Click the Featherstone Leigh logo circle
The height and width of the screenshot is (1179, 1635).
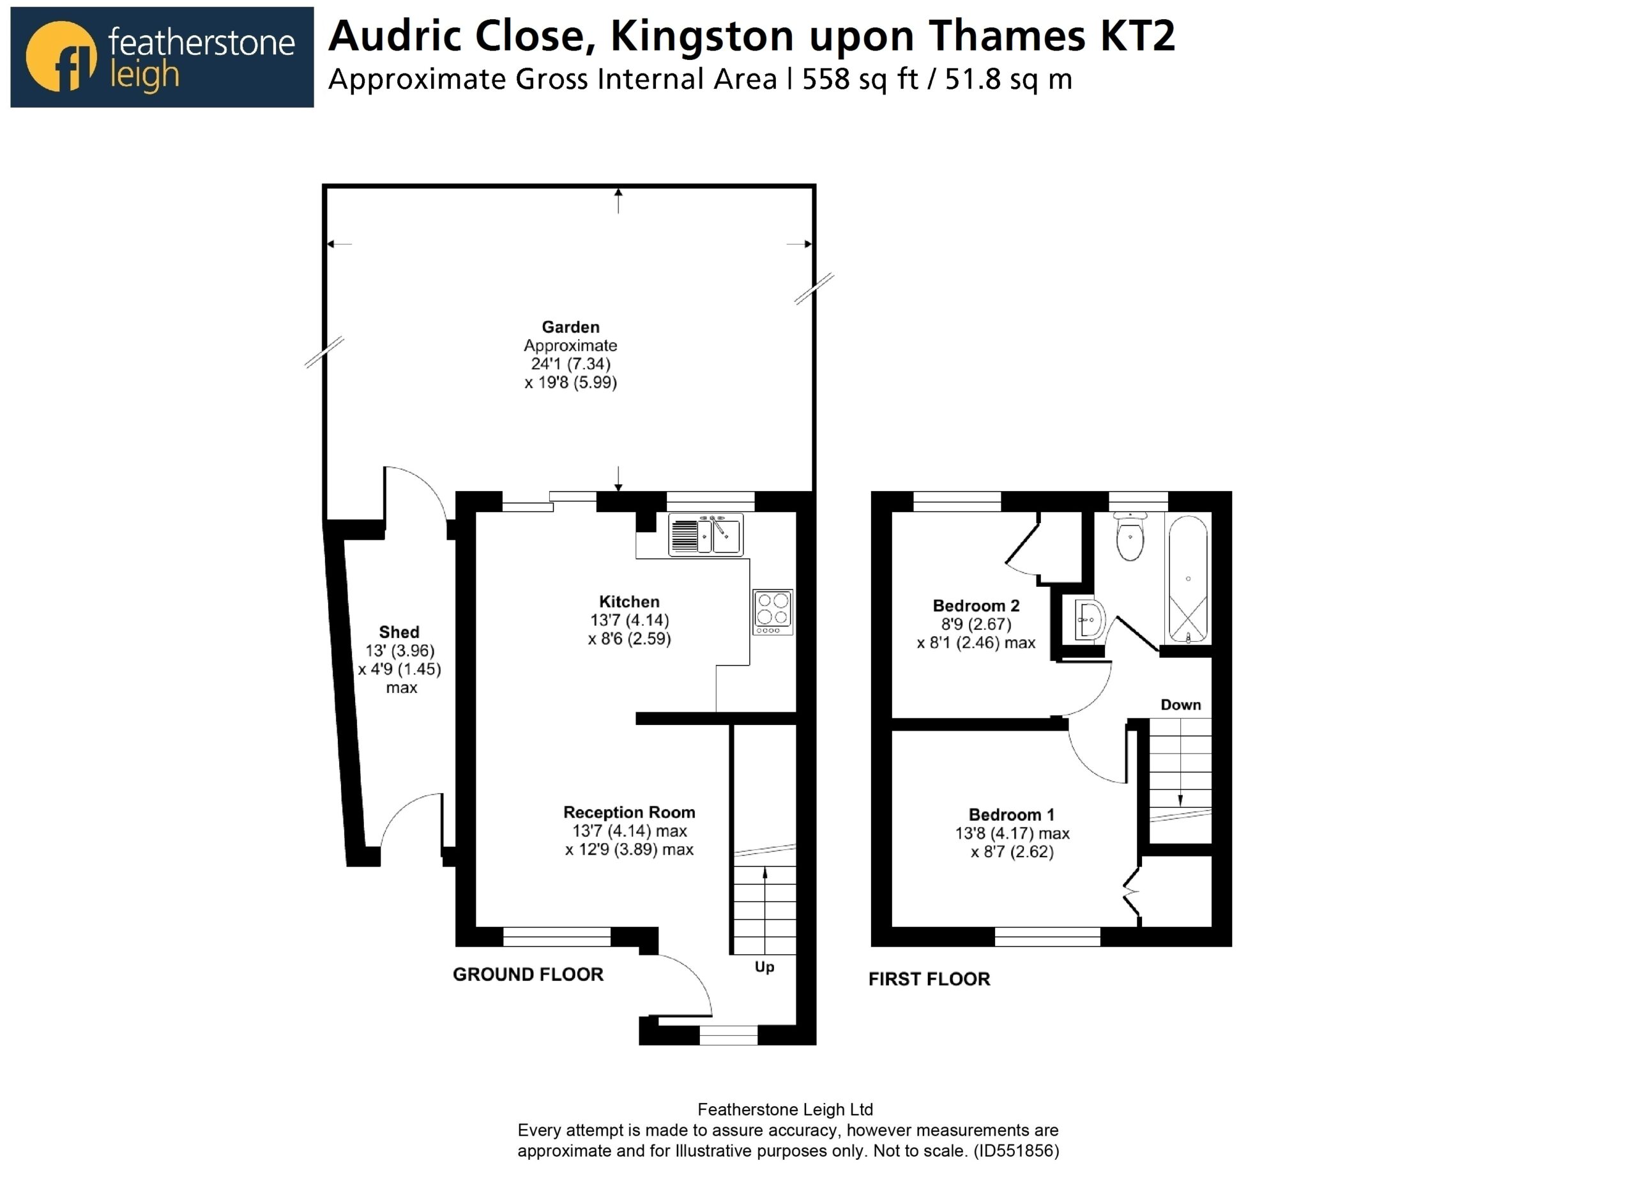tap(61, 56)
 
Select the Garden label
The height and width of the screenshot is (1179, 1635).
tap(570, 326)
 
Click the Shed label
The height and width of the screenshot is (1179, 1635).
tap(399, 632)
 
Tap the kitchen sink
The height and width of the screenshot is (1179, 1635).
tap(705, 535)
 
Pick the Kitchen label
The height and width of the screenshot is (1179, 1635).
tap(628, 602)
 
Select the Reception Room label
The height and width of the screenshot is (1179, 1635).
tap(628, 812)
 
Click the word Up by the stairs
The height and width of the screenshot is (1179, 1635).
tap(764, 967)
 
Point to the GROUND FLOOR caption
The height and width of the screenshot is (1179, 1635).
tap(528, 974)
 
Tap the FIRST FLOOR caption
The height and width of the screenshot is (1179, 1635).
tap(929, 978)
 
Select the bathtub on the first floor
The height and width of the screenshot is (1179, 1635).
tap(1188, 578)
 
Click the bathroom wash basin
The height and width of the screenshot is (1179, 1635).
tap(1088, 619)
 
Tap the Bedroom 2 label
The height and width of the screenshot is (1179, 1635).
tap(976, 605)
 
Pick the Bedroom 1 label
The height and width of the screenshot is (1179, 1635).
tap(1012, 815)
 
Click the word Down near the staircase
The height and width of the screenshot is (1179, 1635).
tap(1181, 704)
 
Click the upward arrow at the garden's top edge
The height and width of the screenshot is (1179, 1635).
tap(618, 201)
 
